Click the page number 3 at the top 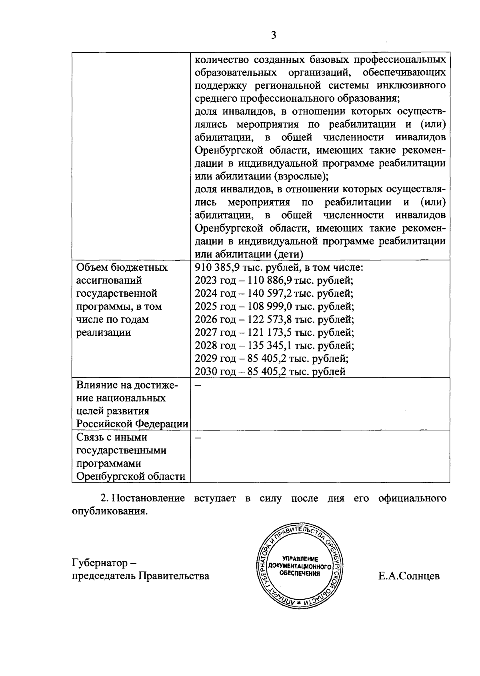point(274,36)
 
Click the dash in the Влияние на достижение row point(198,386)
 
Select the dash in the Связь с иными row point(198,438)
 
